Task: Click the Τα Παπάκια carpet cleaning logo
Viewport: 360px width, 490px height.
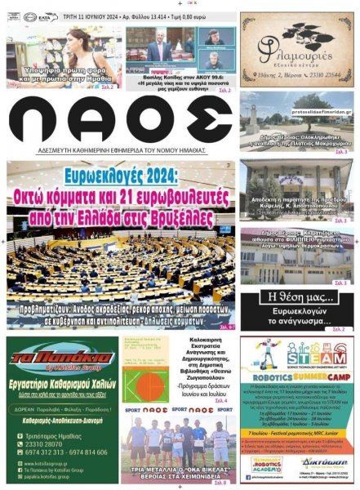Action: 60,359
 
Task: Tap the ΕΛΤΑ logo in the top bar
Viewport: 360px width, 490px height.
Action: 47,16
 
